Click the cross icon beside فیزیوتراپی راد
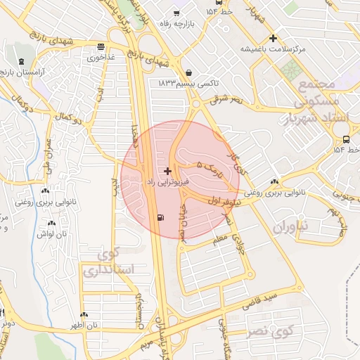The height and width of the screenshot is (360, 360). (167, 171)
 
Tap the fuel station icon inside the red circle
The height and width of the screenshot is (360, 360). (163, 217)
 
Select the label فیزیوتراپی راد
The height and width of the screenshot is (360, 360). (167, 182)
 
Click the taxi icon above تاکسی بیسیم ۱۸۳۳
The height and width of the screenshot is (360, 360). (189, 72)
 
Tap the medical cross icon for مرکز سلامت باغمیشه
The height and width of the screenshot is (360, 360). (274, 38)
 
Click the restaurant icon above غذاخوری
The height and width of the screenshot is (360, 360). (102, 47)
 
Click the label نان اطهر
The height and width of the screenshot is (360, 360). (83, 326)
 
